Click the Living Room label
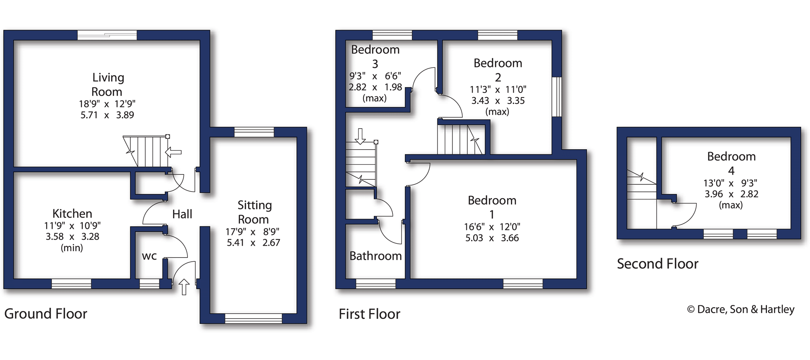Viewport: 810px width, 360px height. pos(107,85)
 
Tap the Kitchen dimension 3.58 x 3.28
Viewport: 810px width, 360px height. pos(72,237)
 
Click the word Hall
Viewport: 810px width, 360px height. pos(182,214)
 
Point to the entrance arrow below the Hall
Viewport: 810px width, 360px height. pos(184,287)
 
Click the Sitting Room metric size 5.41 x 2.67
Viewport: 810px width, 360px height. pos(253,243)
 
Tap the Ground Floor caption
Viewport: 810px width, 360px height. pos(46,314)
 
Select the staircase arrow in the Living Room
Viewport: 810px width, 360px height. pos(173,152)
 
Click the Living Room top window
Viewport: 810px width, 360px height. pos(107,35)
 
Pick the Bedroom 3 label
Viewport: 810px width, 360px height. pos(375,56)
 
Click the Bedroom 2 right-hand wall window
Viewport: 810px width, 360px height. pos(557,97)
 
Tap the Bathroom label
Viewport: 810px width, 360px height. pos(376,256)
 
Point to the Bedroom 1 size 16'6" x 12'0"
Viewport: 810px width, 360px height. pos(492,227)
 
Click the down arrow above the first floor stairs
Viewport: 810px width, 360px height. pos(360,136)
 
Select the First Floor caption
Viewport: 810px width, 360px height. pos(370,314)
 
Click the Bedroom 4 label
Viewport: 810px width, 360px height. pos(731,163)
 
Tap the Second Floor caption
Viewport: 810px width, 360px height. pos(658,264)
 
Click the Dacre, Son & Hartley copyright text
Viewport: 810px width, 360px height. pos(741,309)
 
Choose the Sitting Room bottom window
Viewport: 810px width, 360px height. pos(253,318)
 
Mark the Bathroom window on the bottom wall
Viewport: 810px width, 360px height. pos(376,284)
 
